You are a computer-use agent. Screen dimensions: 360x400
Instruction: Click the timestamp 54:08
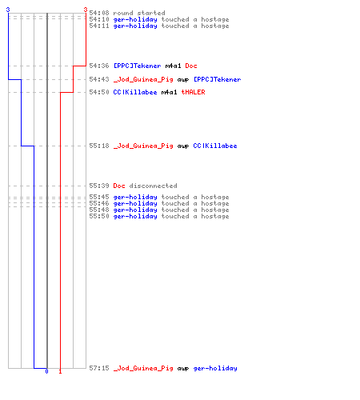point(99,13)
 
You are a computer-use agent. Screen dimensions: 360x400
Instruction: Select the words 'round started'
point(139,13)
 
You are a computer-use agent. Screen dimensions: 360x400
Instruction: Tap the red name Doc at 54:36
point(191,66)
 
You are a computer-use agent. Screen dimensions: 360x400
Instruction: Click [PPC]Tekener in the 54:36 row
point(137,66)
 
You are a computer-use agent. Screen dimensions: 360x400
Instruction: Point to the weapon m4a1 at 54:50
point(169,92)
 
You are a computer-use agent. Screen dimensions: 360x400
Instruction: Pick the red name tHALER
point(193,92)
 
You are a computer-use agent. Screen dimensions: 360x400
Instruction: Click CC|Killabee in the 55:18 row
point(215,146)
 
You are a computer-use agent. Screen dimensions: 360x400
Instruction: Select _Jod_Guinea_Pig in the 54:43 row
point(143,79)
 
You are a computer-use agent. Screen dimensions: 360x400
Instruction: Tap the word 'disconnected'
point(153,186)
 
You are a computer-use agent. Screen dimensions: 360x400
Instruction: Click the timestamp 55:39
point(99,186)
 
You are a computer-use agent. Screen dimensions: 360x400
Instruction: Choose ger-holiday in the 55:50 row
point(135,216)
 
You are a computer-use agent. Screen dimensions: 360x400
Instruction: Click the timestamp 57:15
point(99,368)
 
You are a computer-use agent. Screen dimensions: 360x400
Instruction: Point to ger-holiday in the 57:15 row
point(215,368)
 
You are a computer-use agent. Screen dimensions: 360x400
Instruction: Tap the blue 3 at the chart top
point(8,10)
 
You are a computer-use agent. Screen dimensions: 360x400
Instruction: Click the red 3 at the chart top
point(86,10)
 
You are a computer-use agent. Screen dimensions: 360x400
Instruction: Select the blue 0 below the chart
point(46,371)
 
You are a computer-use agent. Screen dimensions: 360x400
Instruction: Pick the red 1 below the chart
point(60,371)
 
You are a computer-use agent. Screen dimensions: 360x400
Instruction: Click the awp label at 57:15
point(183,369)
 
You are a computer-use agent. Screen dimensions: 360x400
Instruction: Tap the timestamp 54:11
point(99,26)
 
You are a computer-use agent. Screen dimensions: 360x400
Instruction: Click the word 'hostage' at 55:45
point(215,197)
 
